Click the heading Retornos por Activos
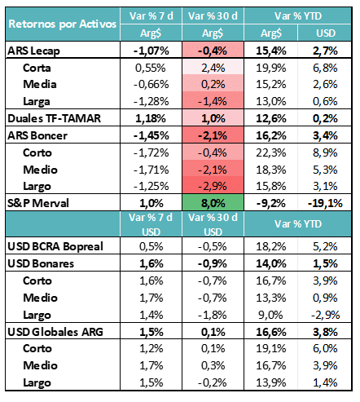[x=63, y=24]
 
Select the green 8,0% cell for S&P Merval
[x=213, y=203]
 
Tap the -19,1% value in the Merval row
[x=325, y=203]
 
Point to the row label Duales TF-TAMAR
[x=55, y=118]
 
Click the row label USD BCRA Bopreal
[x=55, y=246]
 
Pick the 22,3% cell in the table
[x=271, y=152]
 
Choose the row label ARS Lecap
[x=33, y=51]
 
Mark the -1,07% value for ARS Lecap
[x=151, y=51]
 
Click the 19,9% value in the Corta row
[x=271, y=68]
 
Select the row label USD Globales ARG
[x=55, y=332]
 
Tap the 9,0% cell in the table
[x=270, y=315]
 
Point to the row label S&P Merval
[x=38, y=203]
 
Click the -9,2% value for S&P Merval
[x=271, y=203]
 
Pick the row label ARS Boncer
[x=37, y=135]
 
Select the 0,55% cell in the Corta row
[x=151, y=68]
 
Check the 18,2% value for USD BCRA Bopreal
[x=271, y=246]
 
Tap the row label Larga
[x=37, y=102]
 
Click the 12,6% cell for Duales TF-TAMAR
[x=271, y=118]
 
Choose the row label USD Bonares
[x=41, y=263]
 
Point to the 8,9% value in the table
[x=325, y=152]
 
